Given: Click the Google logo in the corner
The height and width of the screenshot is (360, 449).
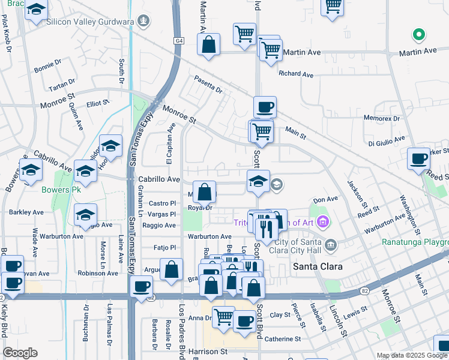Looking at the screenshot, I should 20,353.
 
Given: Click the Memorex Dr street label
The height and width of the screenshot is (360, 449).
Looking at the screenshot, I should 381,119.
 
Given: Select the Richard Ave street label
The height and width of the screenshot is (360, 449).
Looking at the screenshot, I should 296,74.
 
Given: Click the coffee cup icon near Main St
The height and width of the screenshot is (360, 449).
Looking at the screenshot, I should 265,108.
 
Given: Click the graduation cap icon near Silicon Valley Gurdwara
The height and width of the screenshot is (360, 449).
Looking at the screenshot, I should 37,10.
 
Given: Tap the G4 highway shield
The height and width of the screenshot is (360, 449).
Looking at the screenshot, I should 179,41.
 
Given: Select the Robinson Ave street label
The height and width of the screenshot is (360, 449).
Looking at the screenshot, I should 98,273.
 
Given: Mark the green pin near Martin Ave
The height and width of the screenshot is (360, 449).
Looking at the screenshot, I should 418,35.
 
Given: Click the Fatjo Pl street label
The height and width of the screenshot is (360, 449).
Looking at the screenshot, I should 164,247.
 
